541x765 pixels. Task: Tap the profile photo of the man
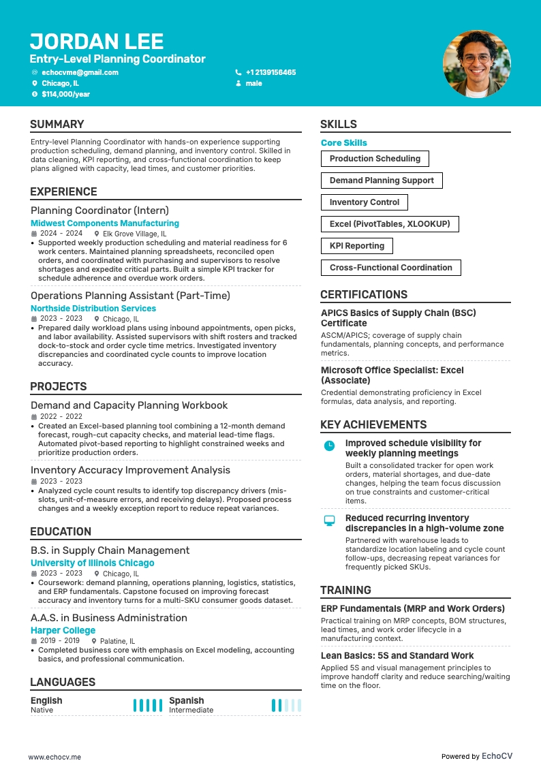point(476,64)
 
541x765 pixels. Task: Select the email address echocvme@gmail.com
point(80,72)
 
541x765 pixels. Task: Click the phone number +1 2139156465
point(270,72)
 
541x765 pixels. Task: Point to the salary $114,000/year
point(65,94)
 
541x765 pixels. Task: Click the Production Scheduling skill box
point(375,159)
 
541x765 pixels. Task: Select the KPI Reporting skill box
point(356,246)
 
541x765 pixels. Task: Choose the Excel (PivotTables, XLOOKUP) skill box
point(389,224)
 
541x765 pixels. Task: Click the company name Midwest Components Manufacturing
point(105,223)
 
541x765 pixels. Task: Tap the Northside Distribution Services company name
point(93,309)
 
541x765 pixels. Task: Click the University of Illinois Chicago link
point(93,563)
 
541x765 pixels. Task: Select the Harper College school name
point(63,631)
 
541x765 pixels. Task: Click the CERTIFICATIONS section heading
point(364,295)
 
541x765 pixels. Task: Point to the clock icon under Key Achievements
point(329,446)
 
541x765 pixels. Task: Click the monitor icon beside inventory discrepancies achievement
point(329,520)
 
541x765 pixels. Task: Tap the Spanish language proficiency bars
point(285,706)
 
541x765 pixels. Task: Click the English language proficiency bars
point(147,706)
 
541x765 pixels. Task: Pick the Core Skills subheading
point(344,143)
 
